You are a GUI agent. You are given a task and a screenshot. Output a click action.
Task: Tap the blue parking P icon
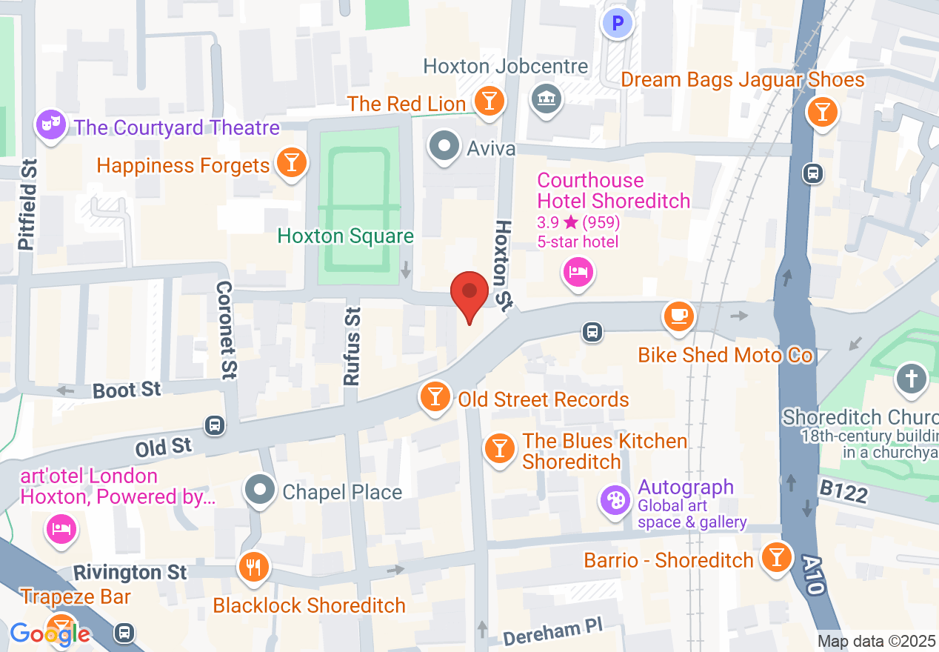[617, 24]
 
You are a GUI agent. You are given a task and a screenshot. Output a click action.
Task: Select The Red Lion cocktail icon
[489, 102]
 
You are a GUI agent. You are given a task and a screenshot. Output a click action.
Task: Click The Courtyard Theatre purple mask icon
[50, 125]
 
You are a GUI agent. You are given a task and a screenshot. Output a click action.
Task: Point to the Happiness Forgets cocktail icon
[292, 164]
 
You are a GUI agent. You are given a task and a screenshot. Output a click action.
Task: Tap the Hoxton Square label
[345, 236]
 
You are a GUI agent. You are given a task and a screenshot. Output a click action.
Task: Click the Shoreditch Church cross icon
[911, 379]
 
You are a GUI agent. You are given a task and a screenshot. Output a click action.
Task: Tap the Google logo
[50, 634]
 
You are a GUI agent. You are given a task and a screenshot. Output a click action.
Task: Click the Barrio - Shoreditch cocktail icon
[776, 558]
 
